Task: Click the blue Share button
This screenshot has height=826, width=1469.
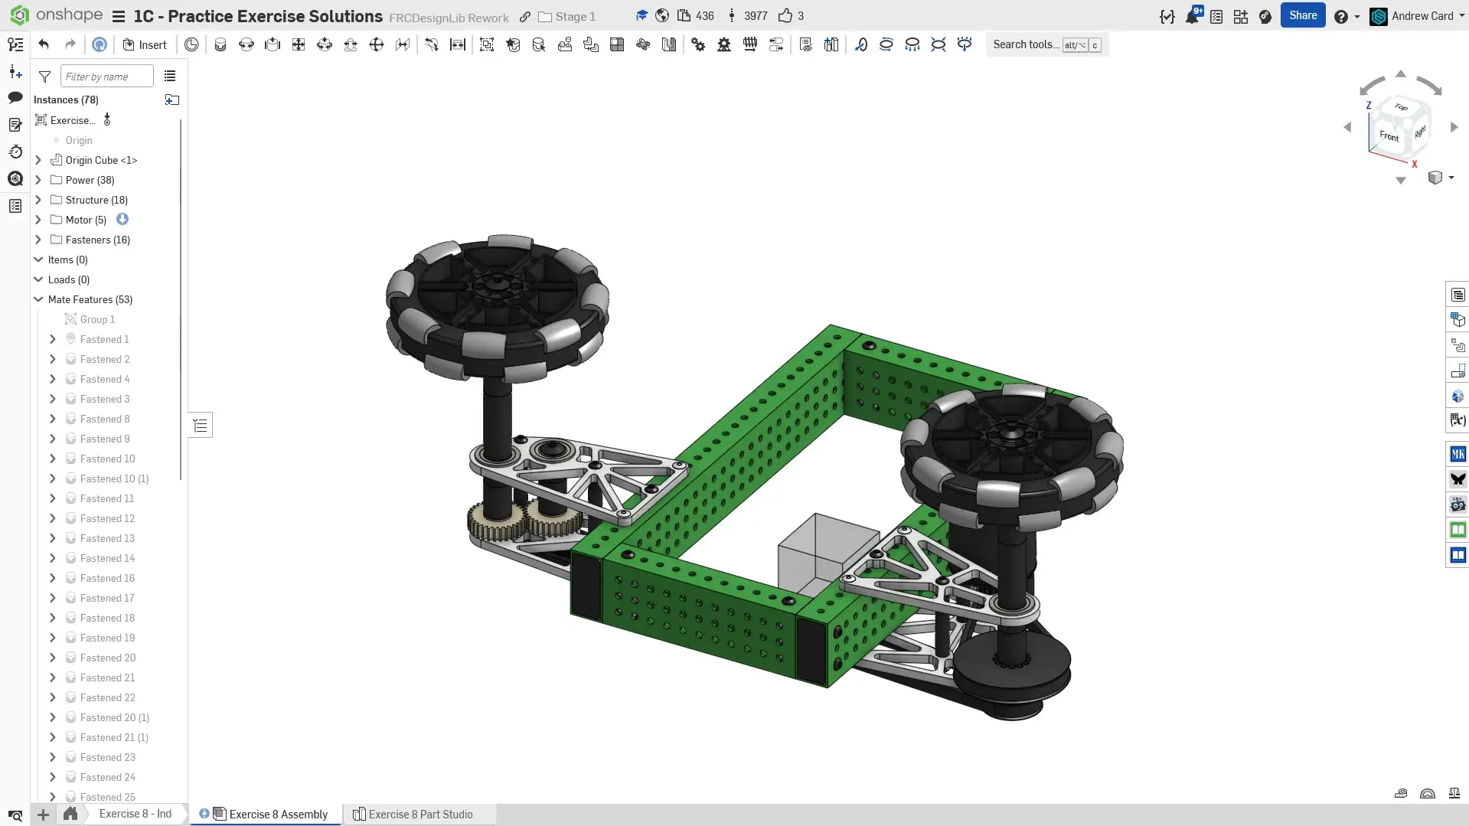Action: [1302, 15]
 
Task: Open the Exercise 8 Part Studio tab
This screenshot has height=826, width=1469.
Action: [413, 814]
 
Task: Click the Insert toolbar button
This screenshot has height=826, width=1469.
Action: [145, 44]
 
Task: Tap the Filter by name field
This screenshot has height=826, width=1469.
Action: [106, 77]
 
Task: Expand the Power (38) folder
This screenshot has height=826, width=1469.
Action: [38, 180]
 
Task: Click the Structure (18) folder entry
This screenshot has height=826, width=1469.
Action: [96, 200]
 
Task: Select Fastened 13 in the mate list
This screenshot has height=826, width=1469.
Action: [107, 538]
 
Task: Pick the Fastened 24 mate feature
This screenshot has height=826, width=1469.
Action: [107, 777]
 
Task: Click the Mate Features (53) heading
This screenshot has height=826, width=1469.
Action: [90, 299]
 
